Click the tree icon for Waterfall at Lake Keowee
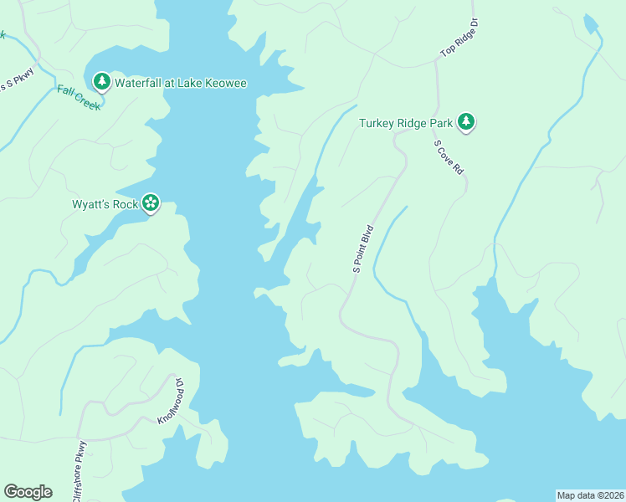click(101, 81)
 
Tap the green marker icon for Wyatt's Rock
click(151, 202)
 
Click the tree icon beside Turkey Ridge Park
click(466, 123)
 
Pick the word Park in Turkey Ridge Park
click(441, 123)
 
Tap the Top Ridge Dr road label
click(459, 39)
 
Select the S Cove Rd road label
click(449, 156)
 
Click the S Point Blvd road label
click(362, 248)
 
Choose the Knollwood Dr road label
click(170, 401)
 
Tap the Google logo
click(28, 491)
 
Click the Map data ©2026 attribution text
click(590, 494)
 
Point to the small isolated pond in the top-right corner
click(591, 24)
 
